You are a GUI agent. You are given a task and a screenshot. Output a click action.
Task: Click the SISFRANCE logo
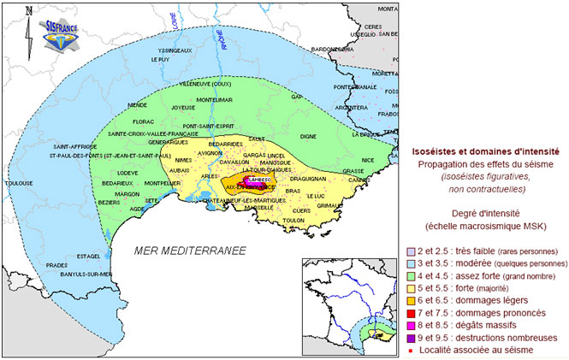click(62, 28)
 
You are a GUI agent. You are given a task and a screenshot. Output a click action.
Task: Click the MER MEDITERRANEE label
click(190, 251)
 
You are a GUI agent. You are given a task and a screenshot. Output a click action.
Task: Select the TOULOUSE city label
click(19, 183)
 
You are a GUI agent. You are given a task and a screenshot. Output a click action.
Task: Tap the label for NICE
click(368, 160)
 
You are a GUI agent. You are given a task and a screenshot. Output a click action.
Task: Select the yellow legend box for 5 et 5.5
click(412, 289)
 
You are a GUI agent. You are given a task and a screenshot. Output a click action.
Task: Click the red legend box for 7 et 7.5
click(412, 313)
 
